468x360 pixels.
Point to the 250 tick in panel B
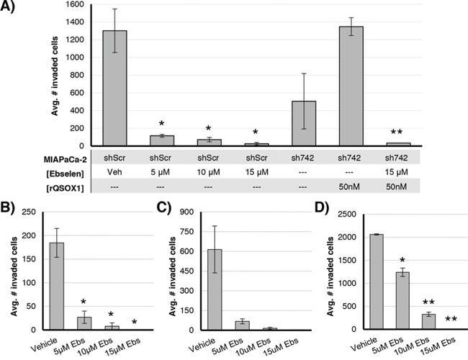point(31,212)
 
